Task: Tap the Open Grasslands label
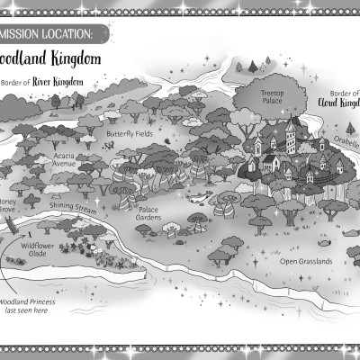pos(306,261)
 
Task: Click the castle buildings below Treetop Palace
pos(283,148)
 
